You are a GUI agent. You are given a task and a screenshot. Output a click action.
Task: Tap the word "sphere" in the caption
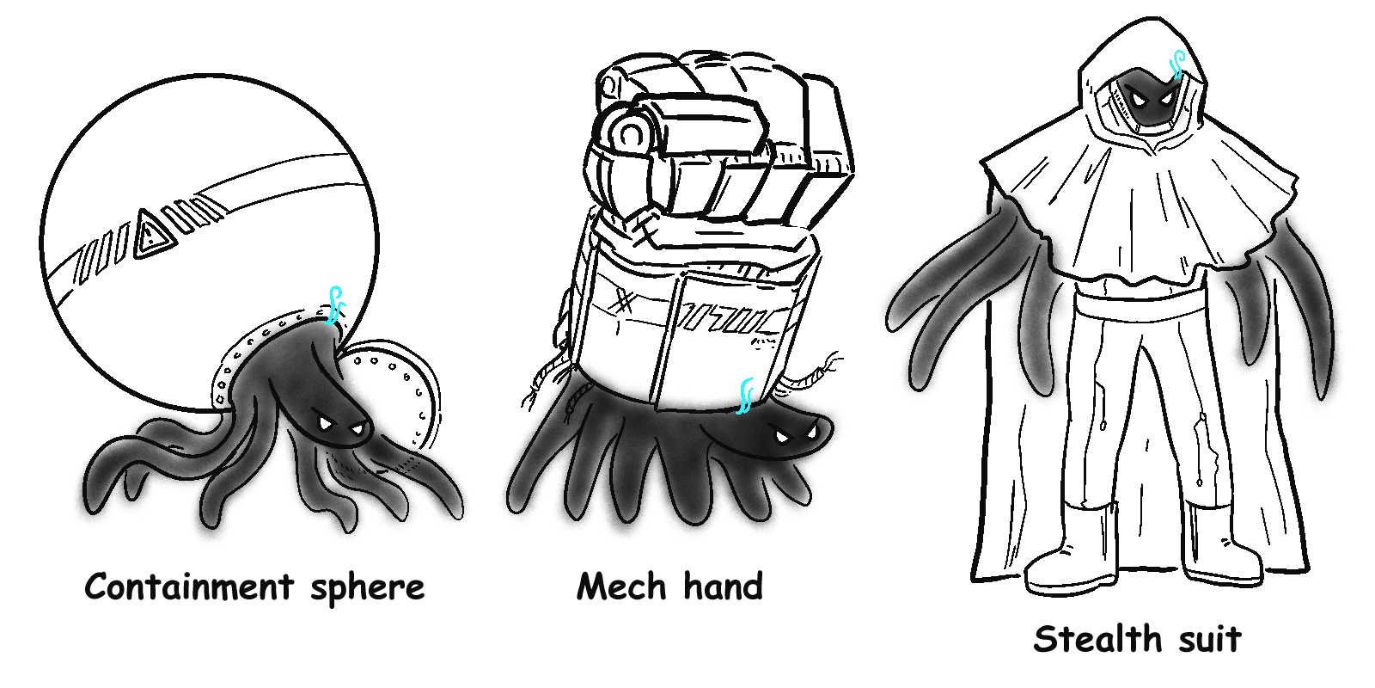(367, 588)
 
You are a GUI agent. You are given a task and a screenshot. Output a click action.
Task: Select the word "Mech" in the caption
(621, 586)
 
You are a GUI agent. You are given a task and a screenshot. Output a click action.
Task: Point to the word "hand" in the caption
(723, 586)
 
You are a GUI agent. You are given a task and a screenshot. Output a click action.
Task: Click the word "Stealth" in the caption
(1097, 639)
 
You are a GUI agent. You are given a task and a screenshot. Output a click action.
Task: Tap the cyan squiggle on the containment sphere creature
(336, 304)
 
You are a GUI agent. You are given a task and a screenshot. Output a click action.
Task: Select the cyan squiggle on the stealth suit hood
(1178, 64)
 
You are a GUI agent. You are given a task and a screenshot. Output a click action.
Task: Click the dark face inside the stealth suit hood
(1146, 98)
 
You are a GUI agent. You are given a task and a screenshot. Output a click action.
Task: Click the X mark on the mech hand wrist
(624, 302)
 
